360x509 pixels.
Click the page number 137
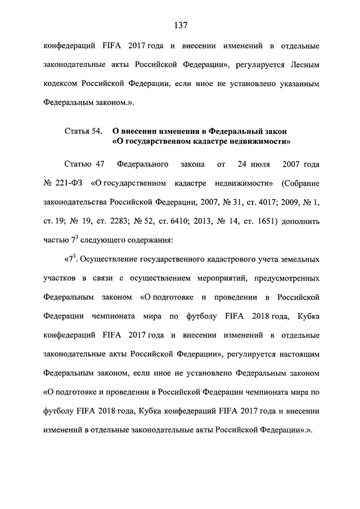[180, 25]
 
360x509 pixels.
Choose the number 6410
[177, 220]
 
